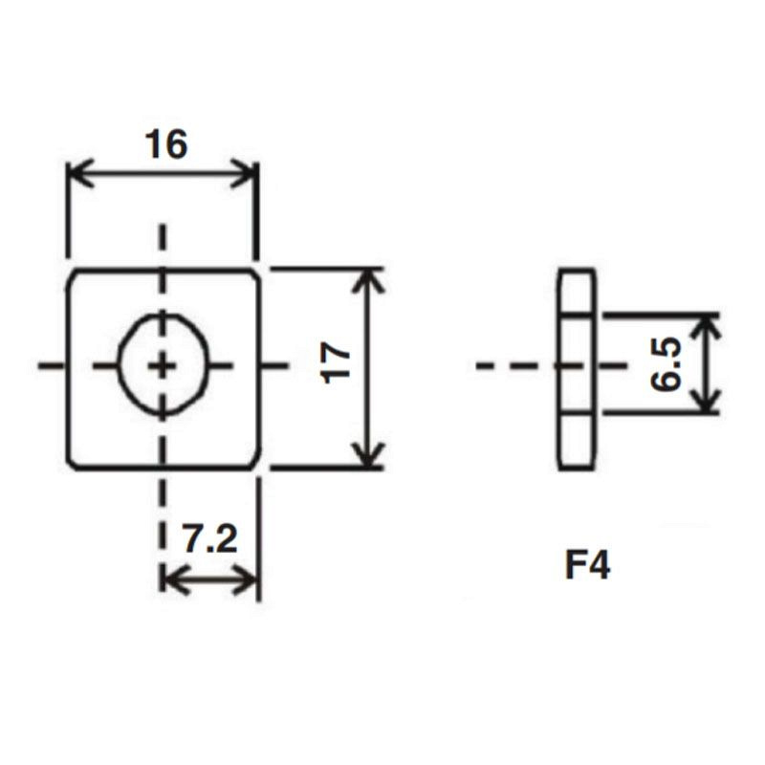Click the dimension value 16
tap(166, 145)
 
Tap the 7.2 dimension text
tap(209, 540)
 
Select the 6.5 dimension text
tap(667, 364)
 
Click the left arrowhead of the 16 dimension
tap(76, 176)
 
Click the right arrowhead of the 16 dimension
tap(249, 176)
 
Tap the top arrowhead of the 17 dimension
tap(369, 278)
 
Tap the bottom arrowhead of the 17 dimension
tap(369, 459)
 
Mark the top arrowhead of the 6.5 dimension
tap(705, 323)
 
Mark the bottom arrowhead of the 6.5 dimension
tap(705, 404)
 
